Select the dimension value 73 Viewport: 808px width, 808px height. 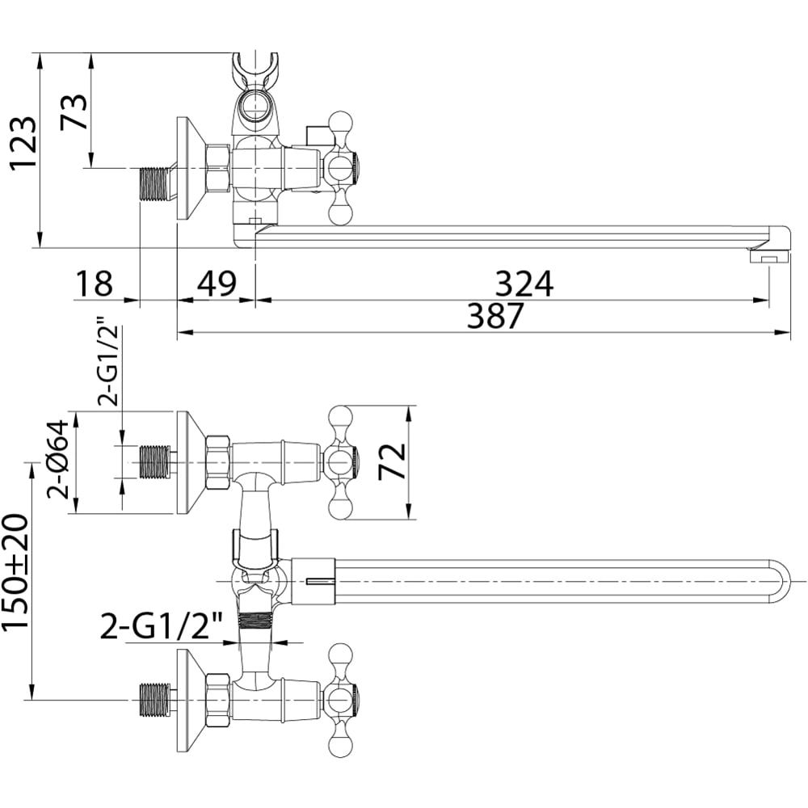point(74,112)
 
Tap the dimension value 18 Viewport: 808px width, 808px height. point(94,283)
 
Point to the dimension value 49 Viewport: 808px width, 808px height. point(217,283)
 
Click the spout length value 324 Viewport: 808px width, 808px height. point(524,283)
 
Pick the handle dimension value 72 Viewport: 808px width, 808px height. point(392,461)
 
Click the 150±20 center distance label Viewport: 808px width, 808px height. point(15,571)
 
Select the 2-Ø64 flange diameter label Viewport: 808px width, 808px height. point(57,459)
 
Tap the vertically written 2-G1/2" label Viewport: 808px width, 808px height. point(109,366)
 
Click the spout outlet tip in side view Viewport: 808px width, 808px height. point(770,256)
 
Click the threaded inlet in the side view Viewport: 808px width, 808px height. point(155,183)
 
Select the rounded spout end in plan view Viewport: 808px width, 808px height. point(778,581)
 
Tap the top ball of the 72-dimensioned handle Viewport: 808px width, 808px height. point(340,416)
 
